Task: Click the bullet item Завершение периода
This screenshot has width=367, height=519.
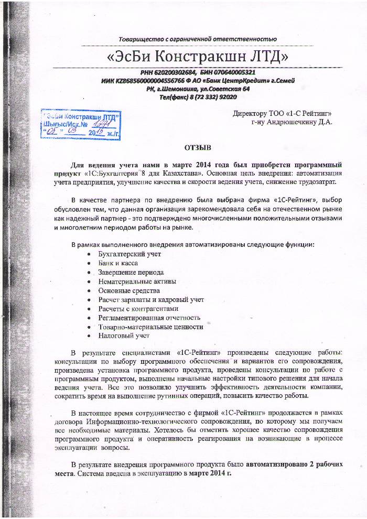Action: [x=131, y=273]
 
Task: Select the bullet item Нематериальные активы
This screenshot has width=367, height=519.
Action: [x=137, y=282]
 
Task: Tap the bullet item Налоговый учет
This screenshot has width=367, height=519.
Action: [x=124, y=335]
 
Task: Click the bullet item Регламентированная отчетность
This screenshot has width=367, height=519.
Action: [x=149, y=317]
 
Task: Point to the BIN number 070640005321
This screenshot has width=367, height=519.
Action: [x=232, y=72]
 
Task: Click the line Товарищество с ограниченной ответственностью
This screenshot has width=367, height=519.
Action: [x=198, y=39]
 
